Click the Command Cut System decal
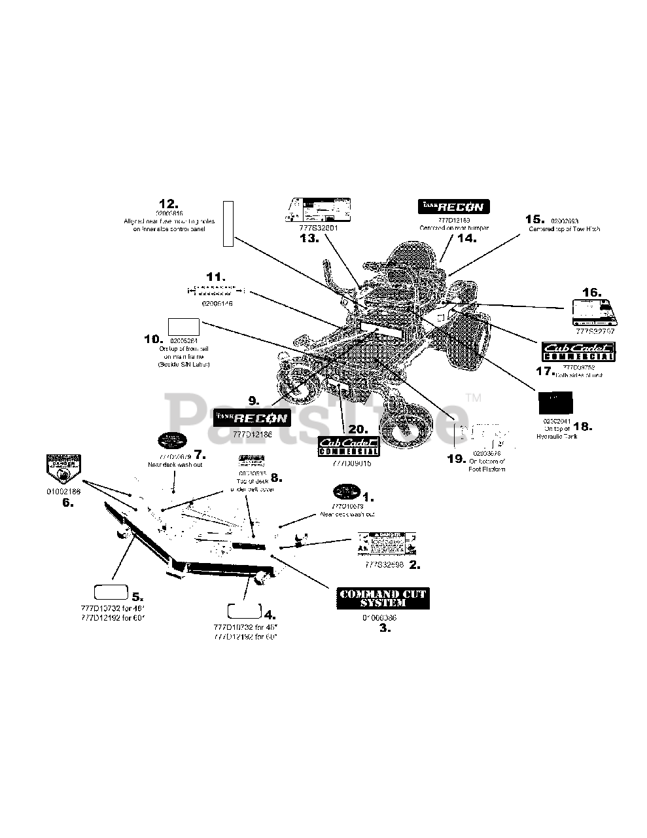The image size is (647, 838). pos(382,598)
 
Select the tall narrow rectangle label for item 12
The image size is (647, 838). pos(228,224)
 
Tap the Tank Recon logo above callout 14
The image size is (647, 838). pos(453,206)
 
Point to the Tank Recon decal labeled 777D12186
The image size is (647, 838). pos(251,417)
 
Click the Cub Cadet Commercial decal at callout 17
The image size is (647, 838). pos(578,352)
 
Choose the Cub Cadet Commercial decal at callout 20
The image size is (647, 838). pos(348,446)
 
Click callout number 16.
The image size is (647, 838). pos(591,292)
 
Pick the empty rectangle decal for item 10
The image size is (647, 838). pos(184,327)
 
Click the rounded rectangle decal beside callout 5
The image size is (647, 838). pos(111,593)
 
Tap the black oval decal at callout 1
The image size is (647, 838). pos(347,492)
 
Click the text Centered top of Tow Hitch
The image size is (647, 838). pos(564,229)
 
